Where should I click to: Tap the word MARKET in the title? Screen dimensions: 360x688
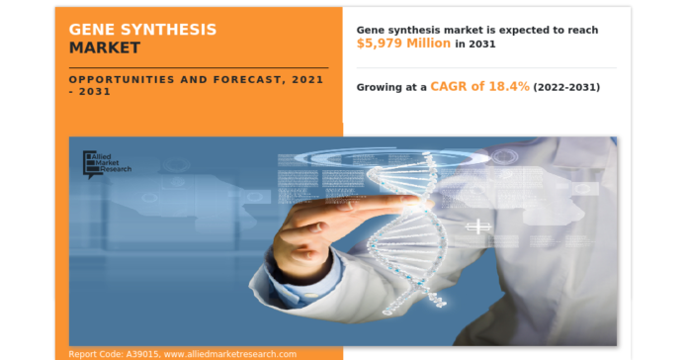pos(105,47)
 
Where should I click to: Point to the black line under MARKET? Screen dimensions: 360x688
pos(198,66)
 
